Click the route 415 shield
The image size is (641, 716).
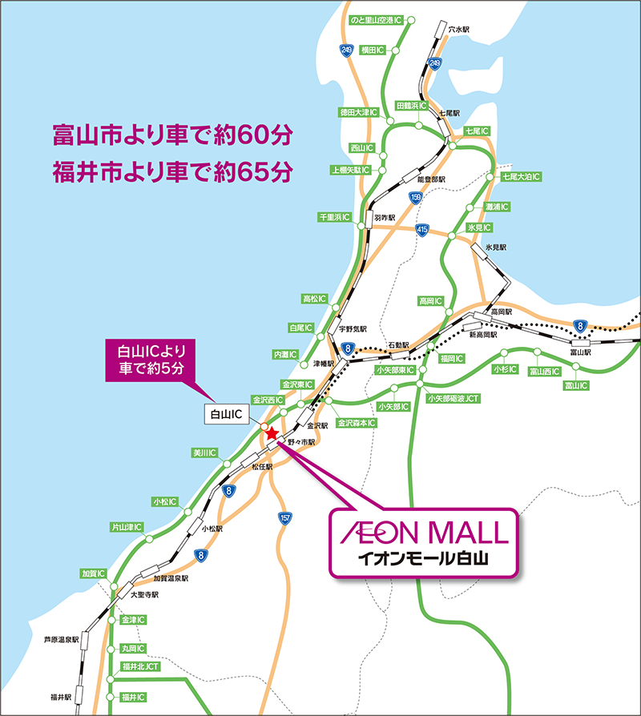point(422,231)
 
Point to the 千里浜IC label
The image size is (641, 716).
point(335,218)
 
